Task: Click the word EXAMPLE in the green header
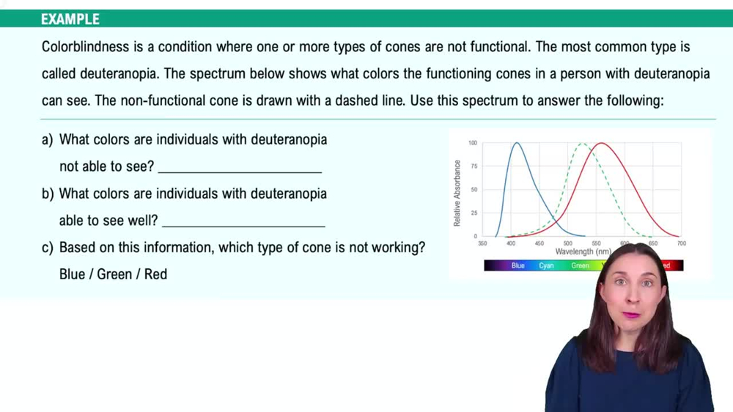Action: click(x=70, y=19)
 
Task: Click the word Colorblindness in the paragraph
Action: click(x=85, y=47)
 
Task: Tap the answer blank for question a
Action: click(x=240, y=167)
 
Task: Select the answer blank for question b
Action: click(x=243, y=221)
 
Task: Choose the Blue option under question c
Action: click(x=72, y=274)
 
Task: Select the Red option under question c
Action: click(x=155, y=274)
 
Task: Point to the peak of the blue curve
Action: click(x=517, y=144)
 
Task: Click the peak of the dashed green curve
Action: click(x=583, y=144)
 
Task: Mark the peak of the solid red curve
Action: click(x=601, y=144)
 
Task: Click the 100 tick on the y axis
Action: click(x=473, y=143)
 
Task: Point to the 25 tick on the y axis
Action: click(x=474, y=213)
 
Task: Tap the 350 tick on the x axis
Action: click(x=482, y=243)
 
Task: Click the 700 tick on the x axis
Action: click(x=681, y=243)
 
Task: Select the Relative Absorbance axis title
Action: click(x=457, y=193)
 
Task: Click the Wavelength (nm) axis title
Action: click(x=583, y=251)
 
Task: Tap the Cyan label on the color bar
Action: click(x=547, y=265)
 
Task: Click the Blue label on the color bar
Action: click(x=518, y=265)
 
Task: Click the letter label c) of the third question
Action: click(x=48, y=248)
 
